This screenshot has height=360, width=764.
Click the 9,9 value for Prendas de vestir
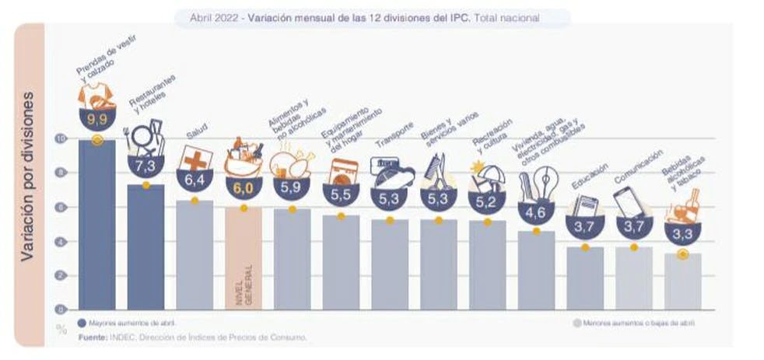coord(96,120)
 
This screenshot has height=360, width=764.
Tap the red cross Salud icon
coord(194,157)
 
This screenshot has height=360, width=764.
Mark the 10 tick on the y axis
coord(61,138)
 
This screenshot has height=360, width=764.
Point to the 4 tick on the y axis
coord(63,242)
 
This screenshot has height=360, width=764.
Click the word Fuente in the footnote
coord(93,337)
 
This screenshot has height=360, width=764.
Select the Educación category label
coord(585,180)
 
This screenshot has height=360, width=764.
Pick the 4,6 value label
coord(537,211)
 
